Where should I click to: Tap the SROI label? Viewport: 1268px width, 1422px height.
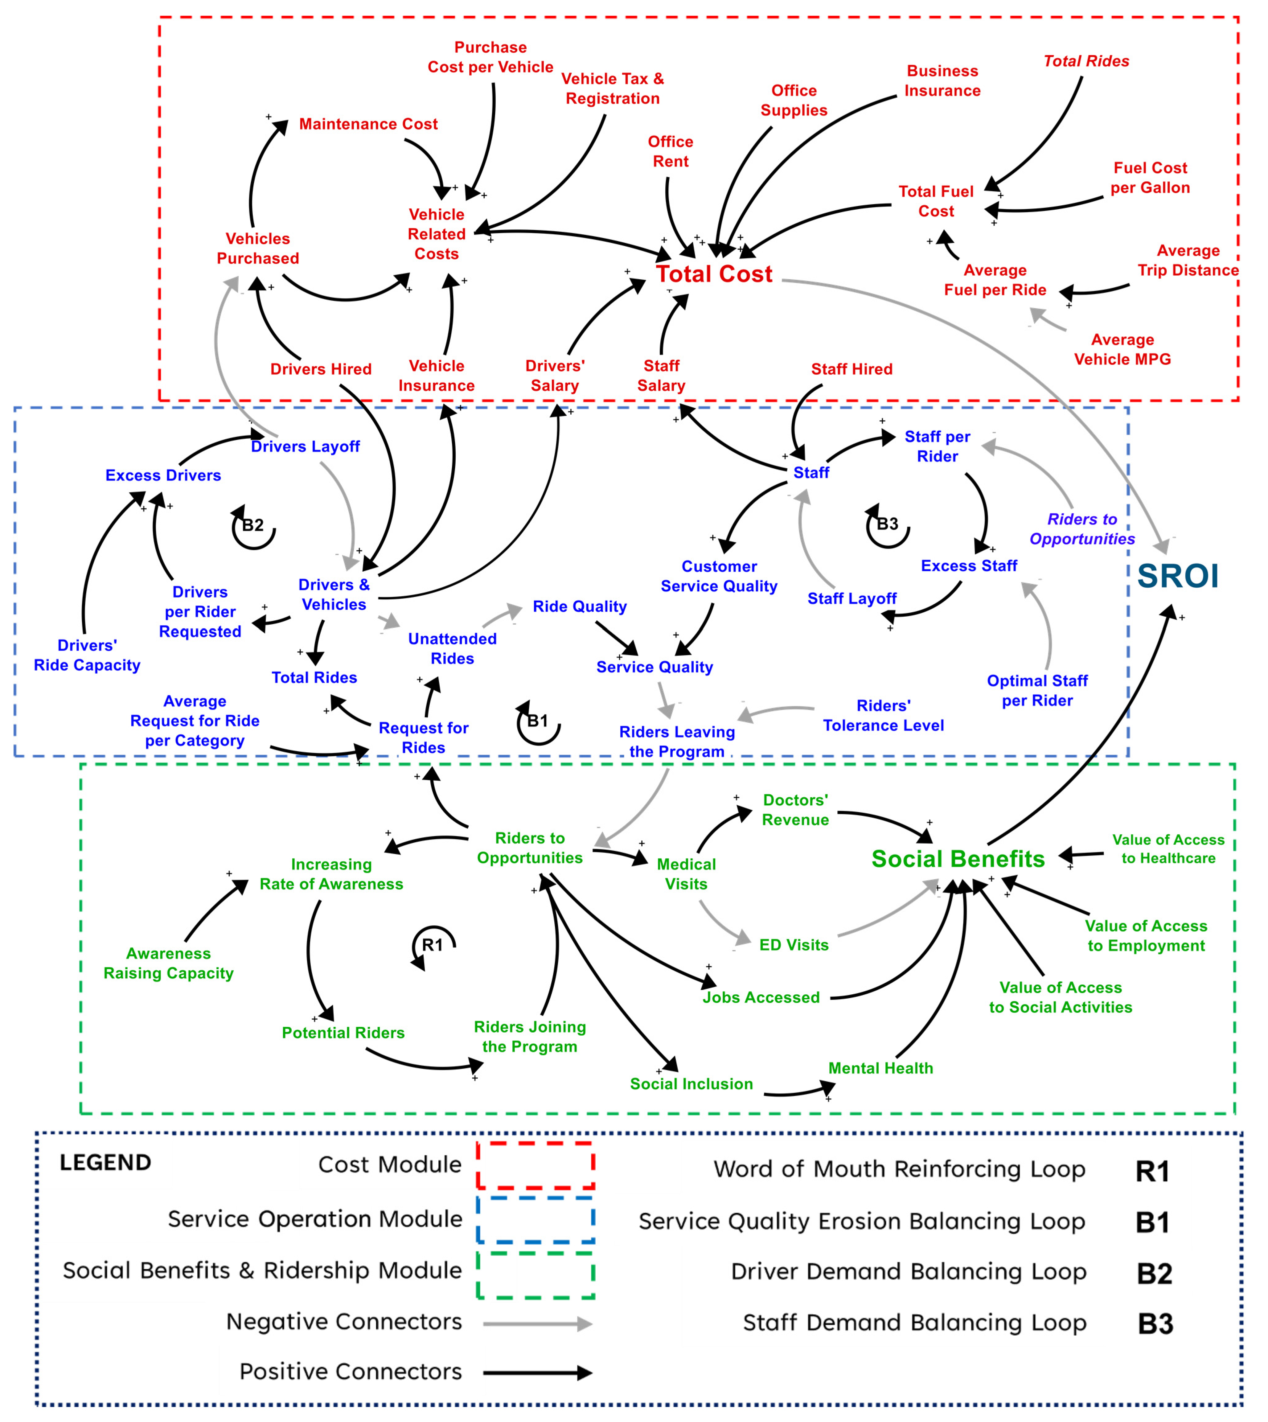(x=1177, y=576)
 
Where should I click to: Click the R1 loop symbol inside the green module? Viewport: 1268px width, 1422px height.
(x=433, y=946)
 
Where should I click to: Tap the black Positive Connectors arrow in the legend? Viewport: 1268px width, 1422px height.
(x=537, y=1373)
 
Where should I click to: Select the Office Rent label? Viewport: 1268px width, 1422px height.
(x=670, y=151)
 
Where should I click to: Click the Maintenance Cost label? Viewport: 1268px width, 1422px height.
(x=368, y=124)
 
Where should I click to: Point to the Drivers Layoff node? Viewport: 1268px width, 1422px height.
(x=305, y=446)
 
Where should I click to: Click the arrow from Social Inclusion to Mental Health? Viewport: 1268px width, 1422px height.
(x=800, y=1092)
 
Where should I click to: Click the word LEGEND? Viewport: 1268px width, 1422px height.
(x=105, y=1162)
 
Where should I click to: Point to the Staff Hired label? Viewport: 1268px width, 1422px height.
(x=851, y=369)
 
